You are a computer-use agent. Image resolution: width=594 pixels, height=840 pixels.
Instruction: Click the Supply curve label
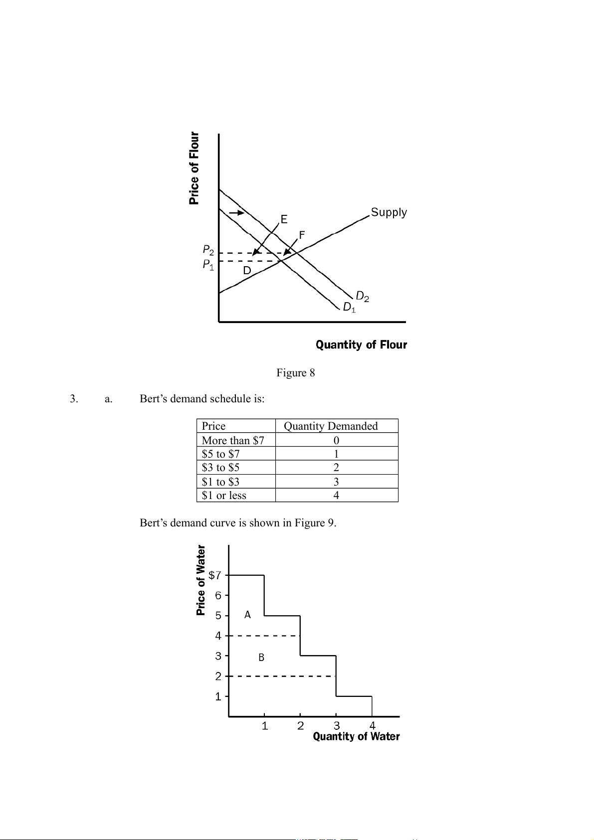(389, 213)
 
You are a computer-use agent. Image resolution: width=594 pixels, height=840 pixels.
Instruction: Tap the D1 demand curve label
(349, 308)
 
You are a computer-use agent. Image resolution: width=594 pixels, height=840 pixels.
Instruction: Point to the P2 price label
(208, 250)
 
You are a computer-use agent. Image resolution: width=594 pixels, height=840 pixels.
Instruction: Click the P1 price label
(208, 265)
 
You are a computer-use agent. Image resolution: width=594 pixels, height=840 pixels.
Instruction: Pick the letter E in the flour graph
(284, 219)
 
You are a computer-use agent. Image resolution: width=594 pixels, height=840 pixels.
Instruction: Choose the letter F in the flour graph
(302, 235)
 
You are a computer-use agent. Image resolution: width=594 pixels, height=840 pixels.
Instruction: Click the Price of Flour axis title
(194, 168)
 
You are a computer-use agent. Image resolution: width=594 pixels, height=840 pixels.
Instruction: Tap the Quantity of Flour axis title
(361, 345)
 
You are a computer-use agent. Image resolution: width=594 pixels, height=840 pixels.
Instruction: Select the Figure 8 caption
(296, 373)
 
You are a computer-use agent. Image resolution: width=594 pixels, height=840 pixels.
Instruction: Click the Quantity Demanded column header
(331, 426)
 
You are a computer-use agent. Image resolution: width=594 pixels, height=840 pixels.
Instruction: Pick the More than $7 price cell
(233, 440)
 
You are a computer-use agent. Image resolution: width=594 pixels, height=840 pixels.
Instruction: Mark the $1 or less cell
(224, 496)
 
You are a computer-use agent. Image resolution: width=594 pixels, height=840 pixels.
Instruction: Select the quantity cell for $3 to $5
(336, 468)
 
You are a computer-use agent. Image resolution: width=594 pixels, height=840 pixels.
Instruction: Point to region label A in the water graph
(247, 615)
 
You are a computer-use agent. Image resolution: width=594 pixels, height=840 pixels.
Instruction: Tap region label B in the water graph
(261, 658)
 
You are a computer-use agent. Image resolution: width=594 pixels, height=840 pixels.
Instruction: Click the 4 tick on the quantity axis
(372, 726)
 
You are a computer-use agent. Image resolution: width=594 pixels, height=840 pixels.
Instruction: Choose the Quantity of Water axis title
(356, 737)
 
